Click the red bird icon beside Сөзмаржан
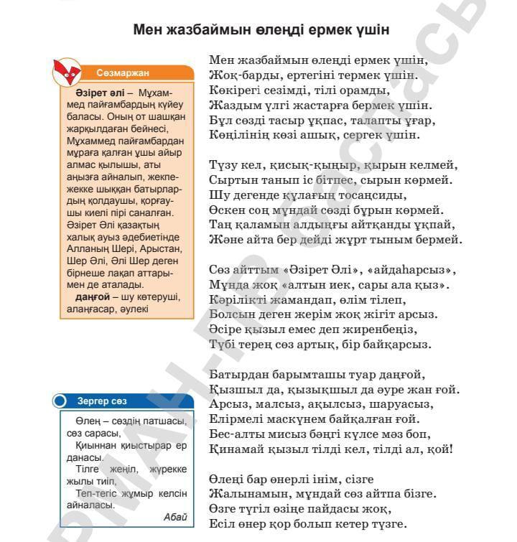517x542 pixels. tap(68, 70)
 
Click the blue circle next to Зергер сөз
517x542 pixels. tap(60, 401)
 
